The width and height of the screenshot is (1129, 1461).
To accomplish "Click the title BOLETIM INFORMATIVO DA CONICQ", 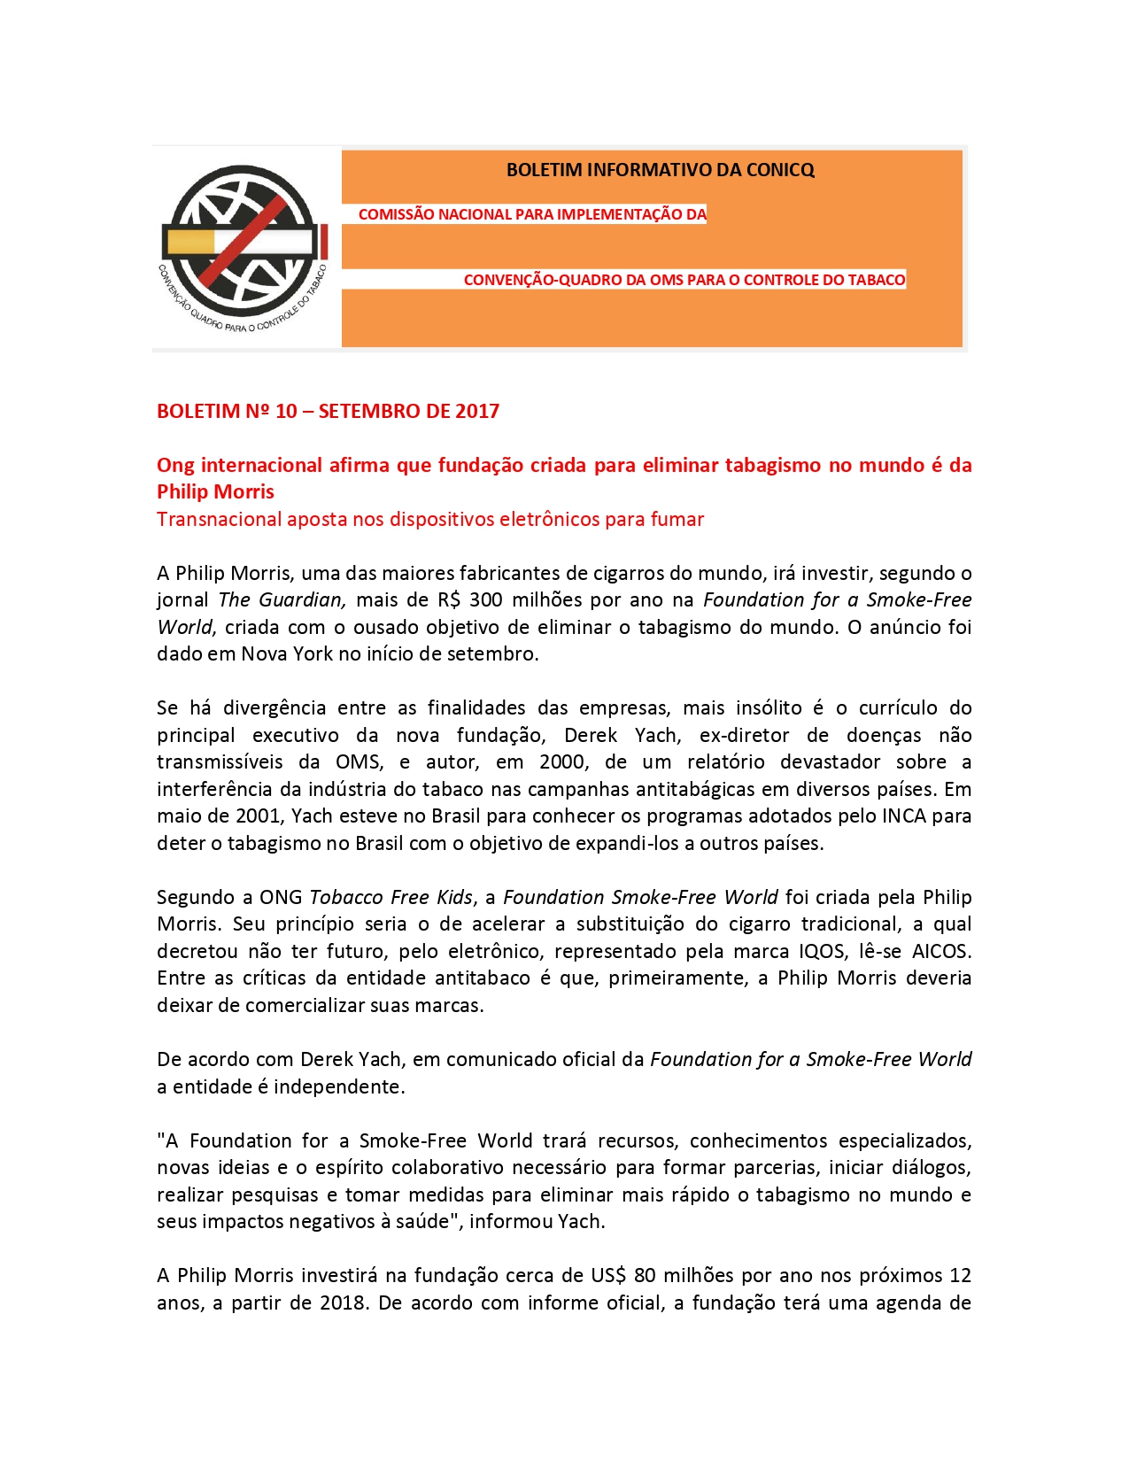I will [x=660, y=170].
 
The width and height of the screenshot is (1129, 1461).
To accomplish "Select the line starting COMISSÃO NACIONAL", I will [x=531, y=214].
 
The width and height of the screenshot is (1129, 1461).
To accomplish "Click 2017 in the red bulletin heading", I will [x=477, y=411].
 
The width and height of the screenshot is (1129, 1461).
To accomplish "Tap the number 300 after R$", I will [x=485, y=599].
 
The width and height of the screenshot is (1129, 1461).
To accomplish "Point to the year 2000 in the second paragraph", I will [x=562, y=761].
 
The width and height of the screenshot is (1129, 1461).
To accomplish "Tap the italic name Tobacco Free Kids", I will [x=391, y=897].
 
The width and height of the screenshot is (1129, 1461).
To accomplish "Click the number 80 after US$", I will [x=645, y=1275].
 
